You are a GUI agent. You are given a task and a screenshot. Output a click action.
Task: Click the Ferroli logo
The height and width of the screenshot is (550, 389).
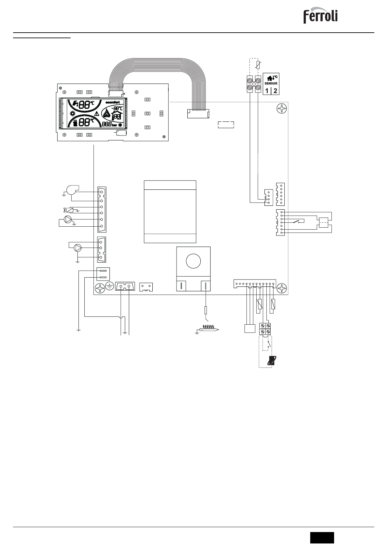(x=320, y=16)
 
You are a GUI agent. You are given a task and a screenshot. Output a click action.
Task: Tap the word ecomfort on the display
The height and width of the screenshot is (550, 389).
(x=112, y=102)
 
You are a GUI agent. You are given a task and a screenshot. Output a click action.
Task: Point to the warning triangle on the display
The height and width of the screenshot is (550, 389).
(x=96, y=114)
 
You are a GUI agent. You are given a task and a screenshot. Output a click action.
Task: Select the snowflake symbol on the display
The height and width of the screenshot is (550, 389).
(x=120, y=125)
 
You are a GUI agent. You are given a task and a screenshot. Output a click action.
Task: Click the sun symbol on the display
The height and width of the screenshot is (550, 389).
(x=72, y=113)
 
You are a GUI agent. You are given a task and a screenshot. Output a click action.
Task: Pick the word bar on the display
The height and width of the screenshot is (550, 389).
(x=114, y=125)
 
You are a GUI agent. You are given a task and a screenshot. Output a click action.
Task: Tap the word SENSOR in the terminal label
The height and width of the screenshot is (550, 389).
(x=271, y=83)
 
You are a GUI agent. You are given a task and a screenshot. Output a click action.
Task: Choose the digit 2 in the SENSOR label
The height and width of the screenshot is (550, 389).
(x=275, y=90)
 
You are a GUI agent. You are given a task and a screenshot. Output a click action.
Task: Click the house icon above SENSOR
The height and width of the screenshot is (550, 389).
(x=270, y=78)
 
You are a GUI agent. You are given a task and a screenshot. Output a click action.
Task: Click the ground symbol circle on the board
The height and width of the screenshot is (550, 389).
(x=109, y=287)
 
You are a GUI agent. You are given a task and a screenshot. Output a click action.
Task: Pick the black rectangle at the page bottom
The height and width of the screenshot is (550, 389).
(x=322, y=537)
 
